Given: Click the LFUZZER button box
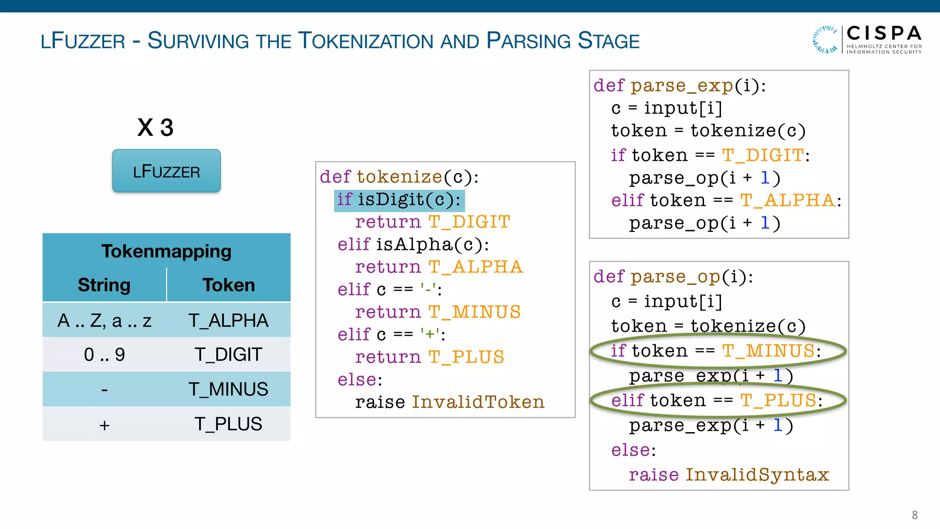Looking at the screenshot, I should pos(166,171).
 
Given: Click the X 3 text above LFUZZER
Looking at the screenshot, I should pos(155,127).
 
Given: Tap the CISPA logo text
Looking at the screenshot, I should pos(884,34).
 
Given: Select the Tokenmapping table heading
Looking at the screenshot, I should pos(166,251).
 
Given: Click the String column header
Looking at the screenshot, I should pos(104,285).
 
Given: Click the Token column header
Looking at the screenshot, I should pos(229,285).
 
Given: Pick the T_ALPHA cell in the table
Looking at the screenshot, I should pos(229,321).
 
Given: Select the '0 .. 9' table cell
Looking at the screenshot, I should pos(104,355).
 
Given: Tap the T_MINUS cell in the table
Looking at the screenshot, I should pos(229,389).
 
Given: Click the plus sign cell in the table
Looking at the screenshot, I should pos(104,425).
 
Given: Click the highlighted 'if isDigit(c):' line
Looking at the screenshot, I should pos(399,200).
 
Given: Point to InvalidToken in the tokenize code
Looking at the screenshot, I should pos(478,402).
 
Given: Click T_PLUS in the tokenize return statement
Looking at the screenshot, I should pos(466,357).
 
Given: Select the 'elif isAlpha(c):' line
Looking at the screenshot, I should pos(413,245).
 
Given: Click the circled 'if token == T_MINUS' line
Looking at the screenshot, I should pos(716,351).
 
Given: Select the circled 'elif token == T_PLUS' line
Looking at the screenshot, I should pos(716,401).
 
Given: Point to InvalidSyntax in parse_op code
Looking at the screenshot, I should pos(757,475).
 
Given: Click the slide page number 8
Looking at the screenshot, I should pos(914,515).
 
